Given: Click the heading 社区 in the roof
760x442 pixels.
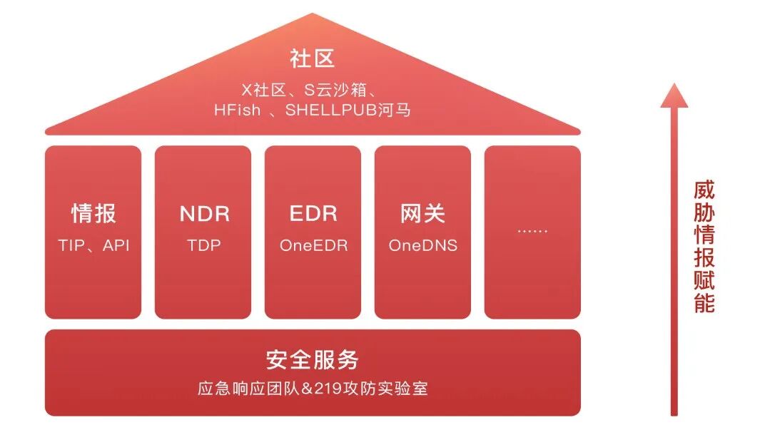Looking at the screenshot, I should click(x=313, y=58).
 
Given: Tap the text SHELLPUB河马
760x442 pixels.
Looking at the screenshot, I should click(x=348, y=110).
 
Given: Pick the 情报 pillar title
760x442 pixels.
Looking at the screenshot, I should click(x=93, y=213).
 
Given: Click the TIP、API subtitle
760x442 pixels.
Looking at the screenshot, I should click(x=93, y=245).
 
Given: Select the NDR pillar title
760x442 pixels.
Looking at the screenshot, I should click(x=204, y=213).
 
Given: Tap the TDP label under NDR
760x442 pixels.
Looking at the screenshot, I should click(x=204, y=245).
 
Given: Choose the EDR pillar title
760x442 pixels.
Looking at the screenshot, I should click(x=313, y=213).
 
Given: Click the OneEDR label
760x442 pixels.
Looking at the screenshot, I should click(x=313, y=245).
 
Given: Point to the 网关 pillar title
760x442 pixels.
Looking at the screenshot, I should click(x=423, y=213).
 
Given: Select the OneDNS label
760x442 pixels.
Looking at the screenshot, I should click(x=423, y=245).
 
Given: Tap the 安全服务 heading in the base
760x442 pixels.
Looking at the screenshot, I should click(x=313, y=360).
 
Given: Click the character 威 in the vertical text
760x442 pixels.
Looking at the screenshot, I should click(x=704, y=190).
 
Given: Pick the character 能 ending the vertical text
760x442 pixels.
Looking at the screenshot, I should click(x=704, y=302).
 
